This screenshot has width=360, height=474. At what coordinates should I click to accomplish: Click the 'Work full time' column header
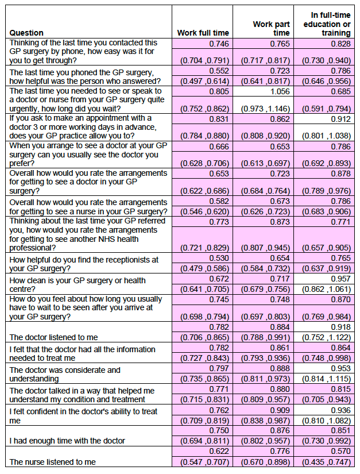[203, 33]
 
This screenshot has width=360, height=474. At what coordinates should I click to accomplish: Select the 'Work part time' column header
[271, 28]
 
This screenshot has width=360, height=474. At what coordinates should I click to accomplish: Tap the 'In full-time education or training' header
[327, 24]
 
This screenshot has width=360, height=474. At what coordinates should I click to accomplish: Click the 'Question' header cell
[26, 33]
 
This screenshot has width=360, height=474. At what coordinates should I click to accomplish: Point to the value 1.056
[280, 91]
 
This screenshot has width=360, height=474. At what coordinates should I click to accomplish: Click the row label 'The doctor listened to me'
[53, 337]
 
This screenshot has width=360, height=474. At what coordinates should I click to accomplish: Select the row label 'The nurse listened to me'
[53, 462]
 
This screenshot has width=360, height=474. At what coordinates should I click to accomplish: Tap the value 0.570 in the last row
[341, 451]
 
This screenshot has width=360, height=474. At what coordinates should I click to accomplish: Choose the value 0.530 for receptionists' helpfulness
[219, 258]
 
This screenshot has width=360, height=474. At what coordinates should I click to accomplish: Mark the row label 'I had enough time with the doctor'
[67, 441]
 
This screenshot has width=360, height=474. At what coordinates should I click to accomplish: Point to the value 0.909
[280, 410]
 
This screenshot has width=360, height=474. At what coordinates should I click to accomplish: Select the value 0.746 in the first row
[219, 44]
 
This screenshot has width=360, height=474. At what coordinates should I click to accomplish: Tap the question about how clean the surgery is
[78, 285]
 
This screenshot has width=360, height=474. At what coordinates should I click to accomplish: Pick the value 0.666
[219, 147]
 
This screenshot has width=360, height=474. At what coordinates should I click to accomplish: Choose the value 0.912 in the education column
[341, 119]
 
